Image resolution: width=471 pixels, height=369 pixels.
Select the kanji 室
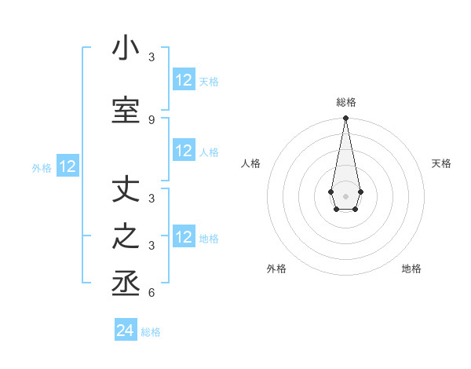click(x=126, y=110)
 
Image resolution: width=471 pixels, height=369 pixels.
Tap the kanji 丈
click(x=126, y=190)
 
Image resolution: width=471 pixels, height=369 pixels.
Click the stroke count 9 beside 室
click(x=152, y=119)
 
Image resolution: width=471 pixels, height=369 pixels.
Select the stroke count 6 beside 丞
click(x=152, y=294)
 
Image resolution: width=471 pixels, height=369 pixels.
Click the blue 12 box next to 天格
click(x=184, y=80)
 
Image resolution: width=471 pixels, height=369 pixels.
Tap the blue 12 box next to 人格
click(x=184, y=152)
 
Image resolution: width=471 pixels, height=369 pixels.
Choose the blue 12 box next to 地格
click(x=184, y=237)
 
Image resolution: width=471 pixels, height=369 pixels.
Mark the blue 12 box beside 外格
click(x=68, y=166)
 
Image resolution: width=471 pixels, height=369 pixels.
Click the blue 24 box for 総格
click(x=126, y=331)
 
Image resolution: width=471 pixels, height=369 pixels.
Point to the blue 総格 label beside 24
click(x=151, y=332)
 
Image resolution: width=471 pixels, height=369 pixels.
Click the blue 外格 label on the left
click(x=42, y=167)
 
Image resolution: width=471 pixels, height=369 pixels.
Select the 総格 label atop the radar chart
click(x=346, y=102)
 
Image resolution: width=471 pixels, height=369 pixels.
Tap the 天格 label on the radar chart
click(x=442, y=163)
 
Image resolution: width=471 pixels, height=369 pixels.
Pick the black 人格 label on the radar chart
click(x=250, y=163)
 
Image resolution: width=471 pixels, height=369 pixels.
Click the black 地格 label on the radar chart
click(x=411, y=269)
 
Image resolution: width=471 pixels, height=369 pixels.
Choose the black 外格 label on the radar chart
click(x=276, y=269)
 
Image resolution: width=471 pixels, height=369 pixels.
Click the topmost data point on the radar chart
click(x=345, y=119)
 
